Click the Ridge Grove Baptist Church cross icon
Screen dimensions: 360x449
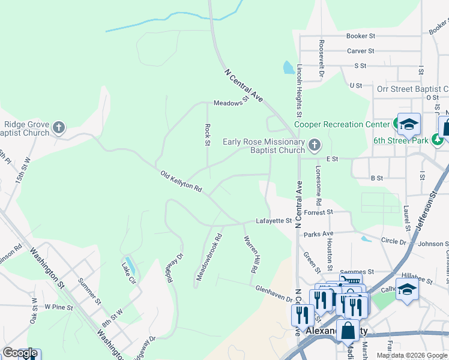point(58,127)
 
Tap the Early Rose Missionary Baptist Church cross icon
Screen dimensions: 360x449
point(314,145)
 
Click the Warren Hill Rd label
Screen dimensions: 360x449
point(250,254)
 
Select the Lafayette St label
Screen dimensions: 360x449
point(274,221)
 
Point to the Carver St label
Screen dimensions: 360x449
point(360,51)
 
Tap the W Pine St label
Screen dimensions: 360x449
point(58,308)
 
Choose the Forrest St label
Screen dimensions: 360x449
point(318,212)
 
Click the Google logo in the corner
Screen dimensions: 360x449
point(20,353)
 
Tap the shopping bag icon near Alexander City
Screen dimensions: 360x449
point(348,330)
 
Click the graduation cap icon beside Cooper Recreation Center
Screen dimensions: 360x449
point(408,124)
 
